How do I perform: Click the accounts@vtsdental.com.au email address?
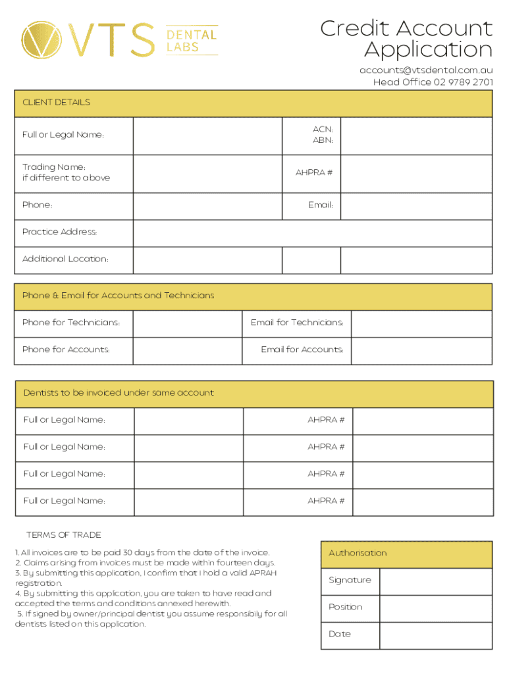tap(426, 70)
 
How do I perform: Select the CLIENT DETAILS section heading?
tap(57, 103)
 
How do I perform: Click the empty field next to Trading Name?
tap(208, 173)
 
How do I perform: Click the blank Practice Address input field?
tap(312, 232)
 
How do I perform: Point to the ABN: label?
tap(323, 140)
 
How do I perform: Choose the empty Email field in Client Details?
tap(416, 205)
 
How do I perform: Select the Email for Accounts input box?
tap(421, 350)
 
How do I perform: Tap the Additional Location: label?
tap(65, 259)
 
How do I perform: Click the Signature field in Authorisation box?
tap(436, 581)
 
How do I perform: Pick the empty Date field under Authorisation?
tap(436, 635)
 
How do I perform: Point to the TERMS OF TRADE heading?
tap(64, 535)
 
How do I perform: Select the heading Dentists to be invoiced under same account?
tap(119, 393)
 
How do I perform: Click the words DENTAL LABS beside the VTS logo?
tap(192, 40)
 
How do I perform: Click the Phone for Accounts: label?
tap(66, 350)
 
